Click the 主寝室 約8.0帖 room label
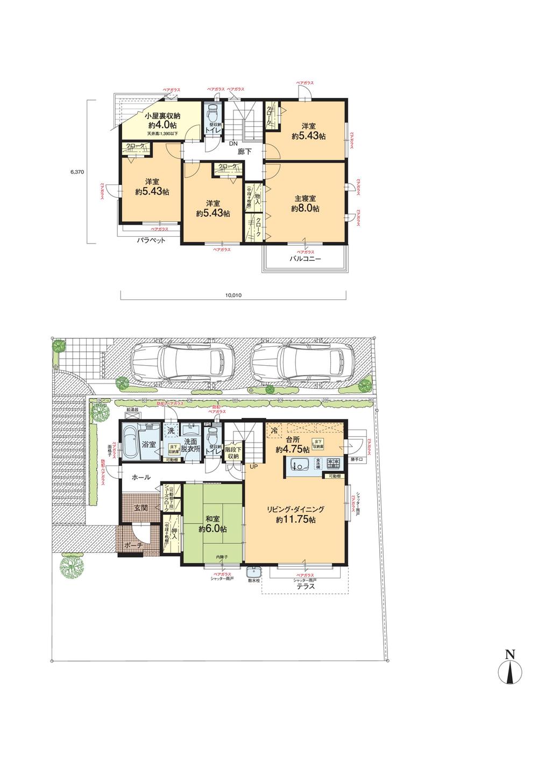pos(306,203)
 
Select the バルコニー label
pos(306,259)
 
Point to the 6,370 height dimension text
pos(77,172)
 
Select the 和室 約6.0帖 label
pos(212,524)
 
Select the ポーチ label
pos(132,545)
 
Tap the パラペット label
pos(150,240)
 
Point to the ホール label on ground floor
pos(140,477)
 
